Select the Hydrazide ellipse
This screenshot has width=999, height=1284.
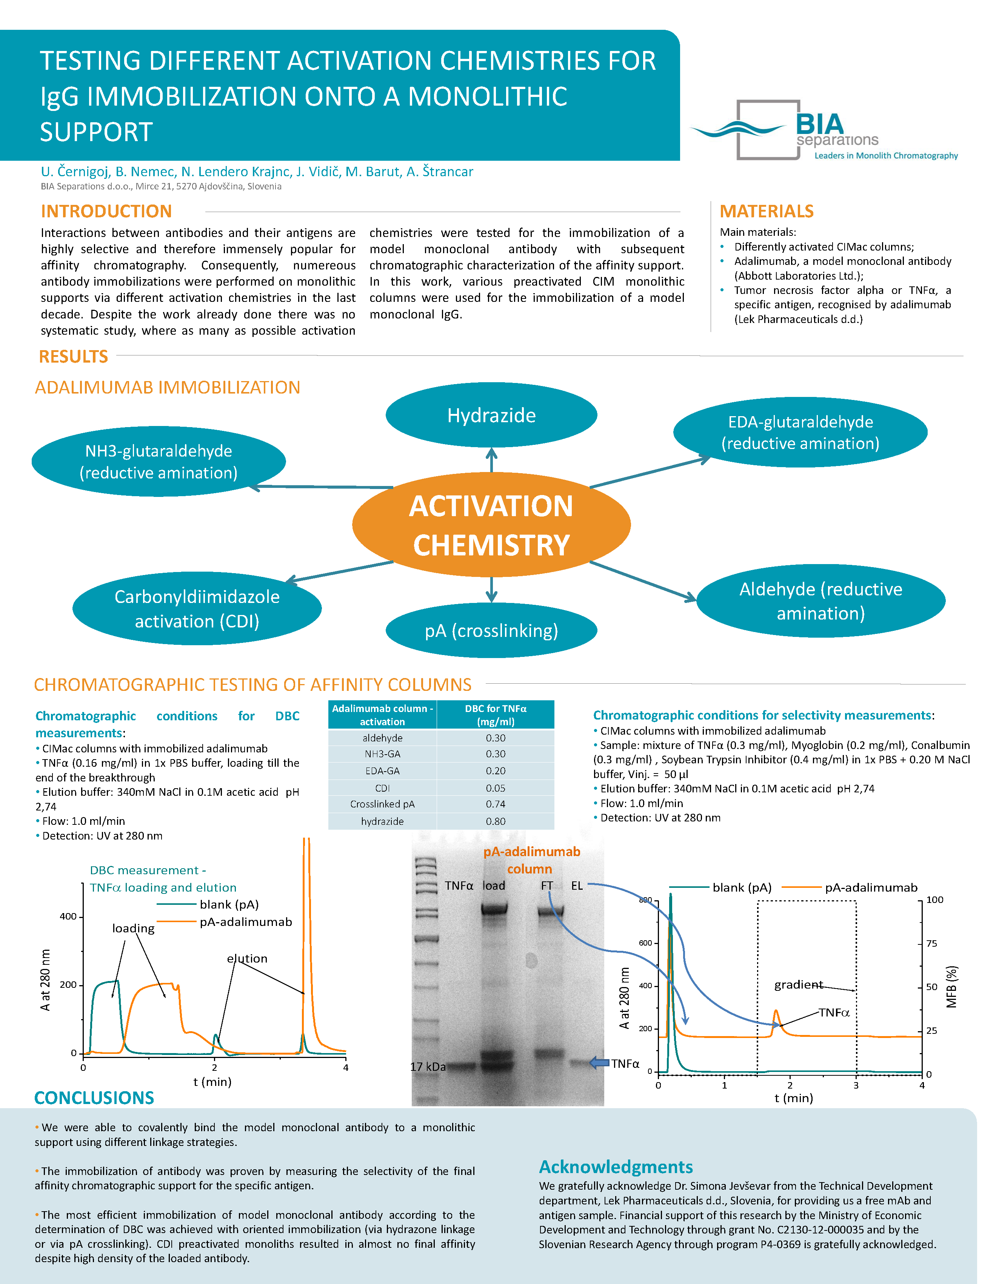click(491, 415)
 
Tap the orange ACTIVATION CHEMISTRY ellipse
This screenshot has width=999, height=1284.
click(491, 524)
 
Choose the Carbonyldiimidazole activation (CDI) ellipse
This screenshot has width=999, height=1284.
click(197, 609)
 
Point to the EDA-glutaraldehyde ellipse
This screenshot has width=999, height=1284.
click(800, 433)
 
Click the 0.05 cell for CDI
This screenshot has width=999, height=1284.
click(495, 788)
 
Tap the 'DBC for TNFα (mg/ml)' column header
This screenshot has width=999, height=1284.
click(495, 715)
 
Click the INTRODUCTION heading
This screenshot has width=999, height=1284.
click(106, 211)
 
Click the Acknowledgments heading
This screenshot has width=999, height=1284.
click(616, 1166)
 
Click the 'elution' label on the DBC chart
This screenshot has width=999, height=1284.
click(247, 959)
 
